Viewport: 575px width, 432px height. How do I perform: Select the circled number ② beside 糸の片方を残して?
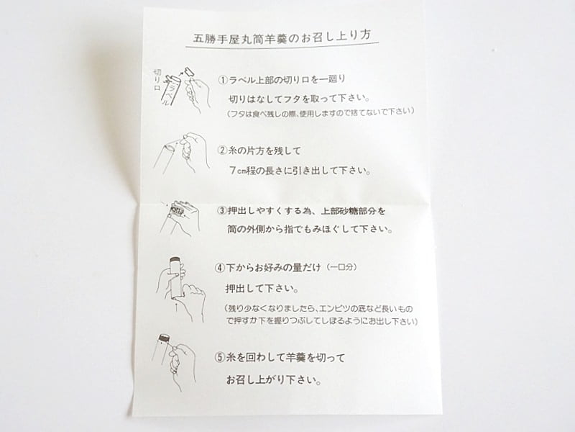tap(223, 151)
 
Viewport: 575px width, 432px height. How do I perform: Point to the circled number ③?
tap(222, 211)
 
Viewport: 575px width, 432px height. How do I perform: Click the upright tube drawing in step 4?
tap(174, 277)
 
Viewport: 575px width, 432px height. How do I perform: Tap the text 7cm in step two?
tap(238, 172)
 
